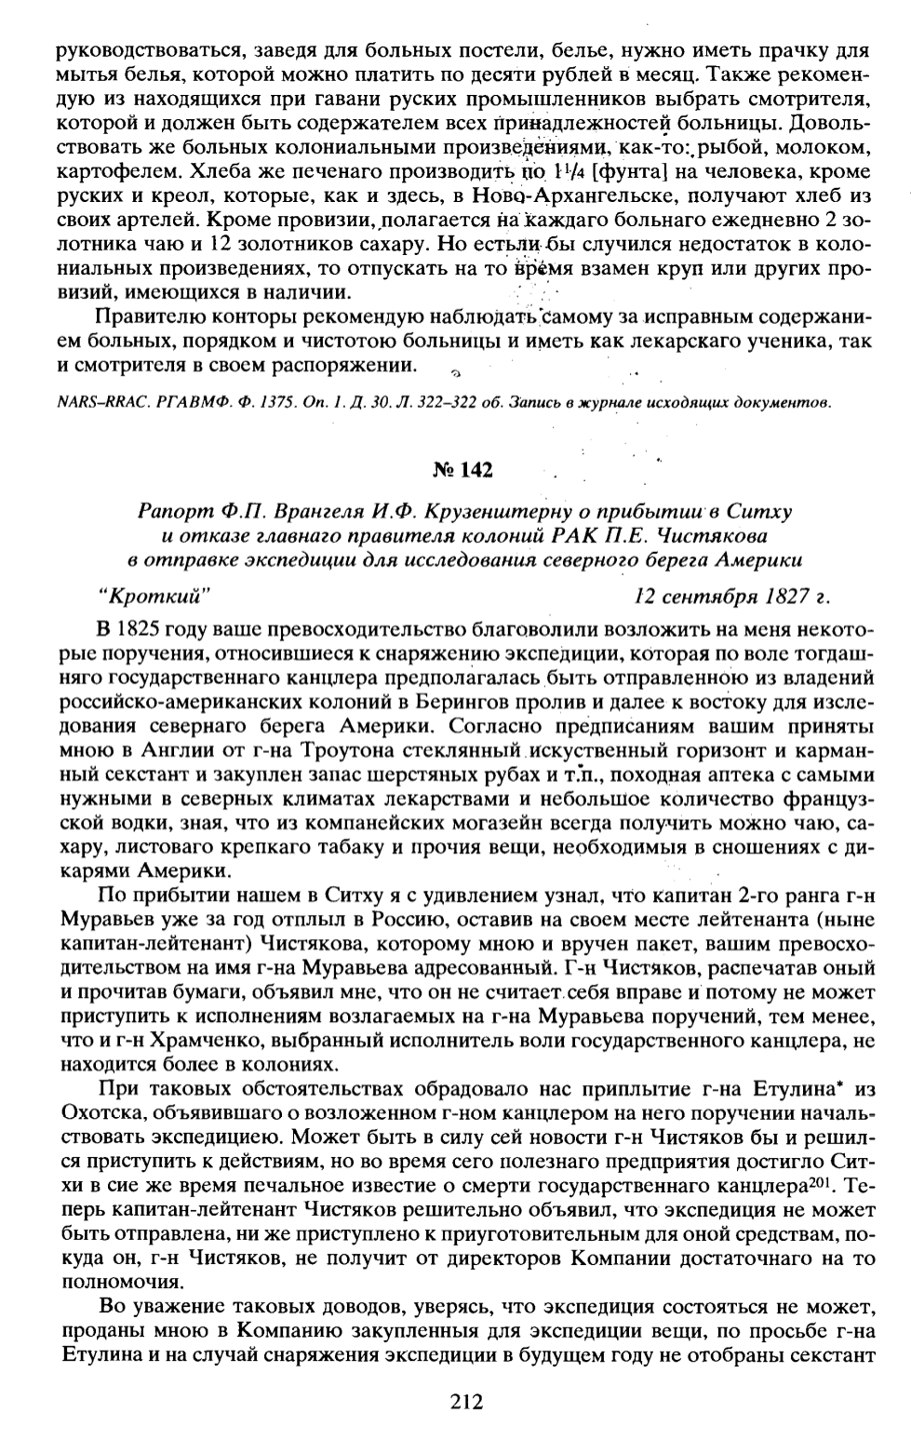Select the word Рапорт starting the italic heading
click(165, 513)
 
